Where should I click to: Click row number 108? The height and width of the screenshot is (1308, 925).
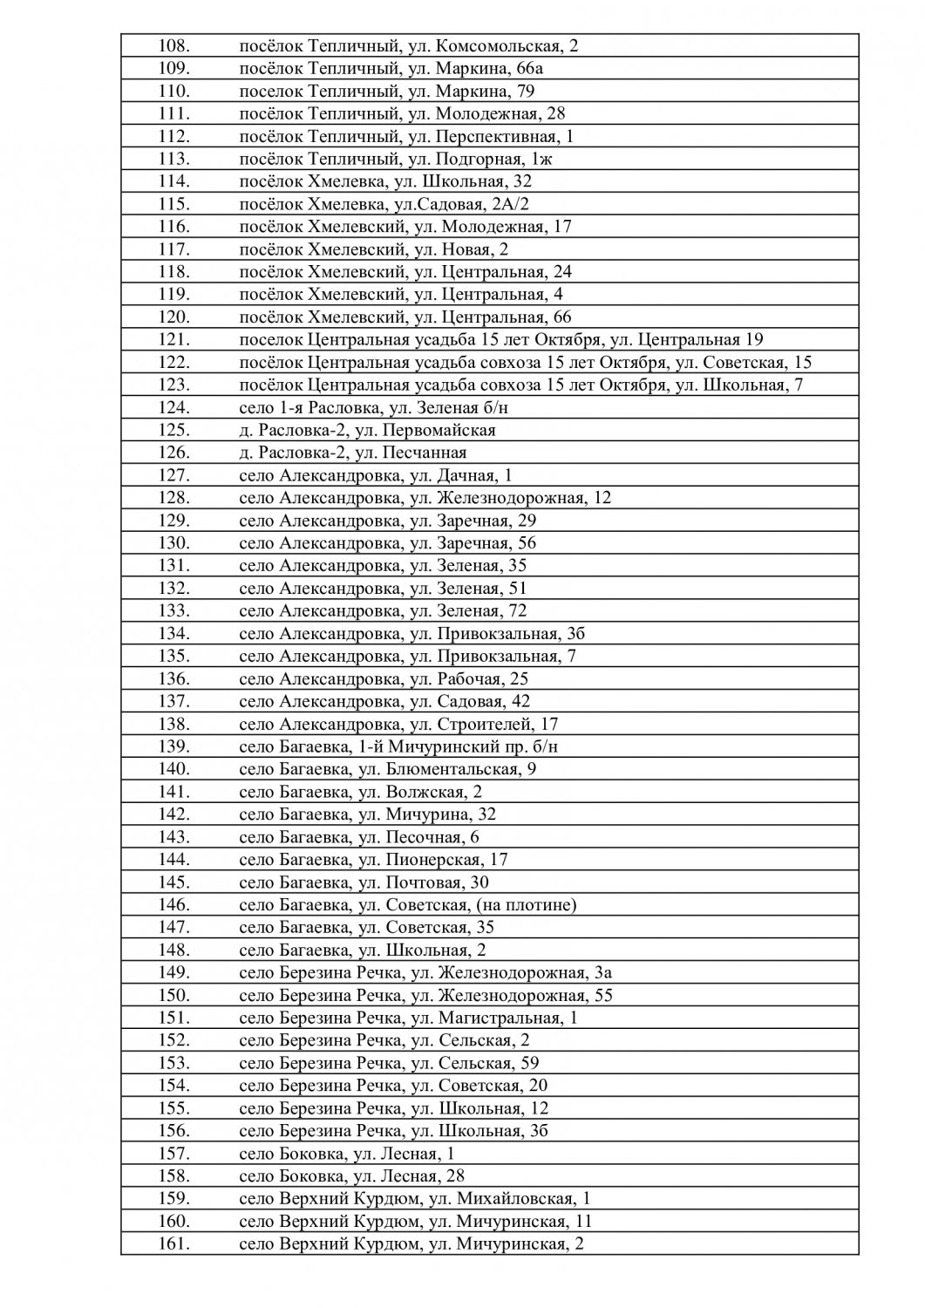pos(174,46)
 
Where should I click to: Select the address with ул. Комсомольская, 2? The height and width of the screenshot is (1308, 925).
pos(408,46)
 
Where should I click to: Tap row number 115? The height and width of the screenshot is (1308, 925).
pos(174,204)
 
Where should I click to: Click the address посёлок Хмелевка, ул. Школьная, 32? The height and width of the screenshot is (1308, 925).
pos(385,181)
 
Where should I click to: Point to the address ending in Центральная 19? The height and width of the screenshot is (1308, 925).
pos(501,340)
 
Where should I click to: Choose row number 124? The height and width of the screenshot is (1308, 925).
pos(174,407)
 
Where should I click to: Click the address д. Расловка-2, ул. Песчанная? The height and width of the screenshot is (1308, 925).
pos(353,453)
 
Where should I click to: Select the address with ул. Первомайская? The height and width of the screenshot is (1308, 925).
pos(367,430)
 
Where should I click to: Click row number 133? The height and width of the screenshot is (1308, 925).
pos(174,610)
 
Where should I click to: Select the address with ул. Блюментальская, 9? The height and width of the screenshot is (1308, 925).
pos(387,769)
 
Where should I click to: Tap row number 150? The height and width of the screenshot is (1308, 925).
pos(174,995)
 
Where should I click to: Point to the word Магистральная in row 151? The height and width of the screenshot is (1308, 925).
pos(499,1018)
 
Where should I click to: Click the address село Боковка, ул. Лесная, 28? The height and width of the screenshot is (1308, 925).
pos(351,1175)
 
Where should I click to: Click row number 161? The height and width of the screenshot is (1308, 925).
pos(174,1243)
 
